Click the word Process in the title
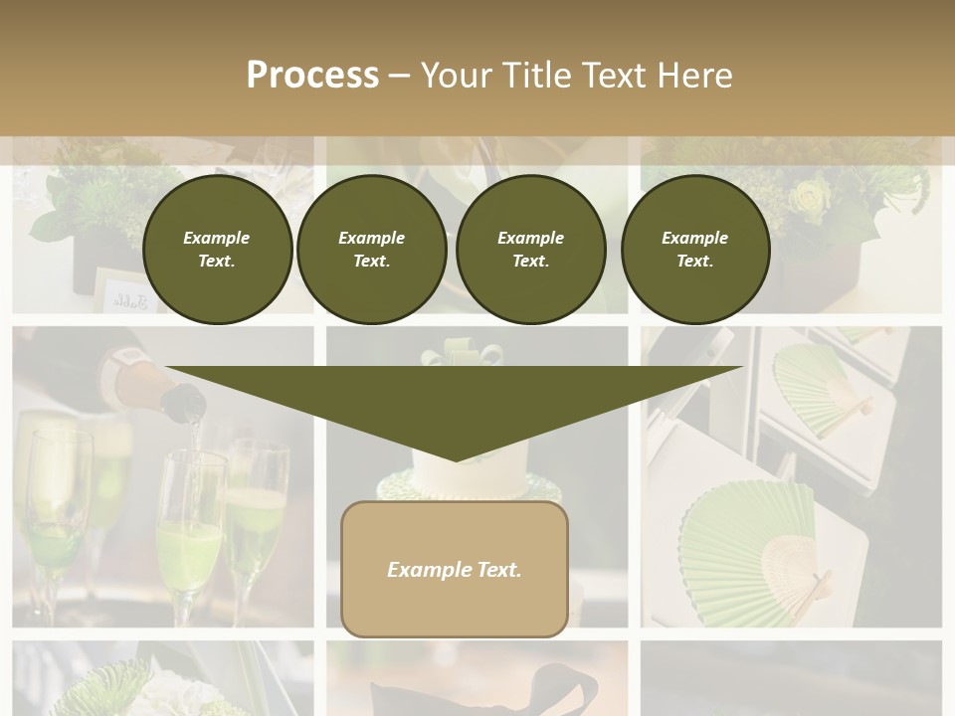pyautogui.click(x=312, y=76)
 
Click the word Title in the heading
pyautogui.click(x=537, y=76)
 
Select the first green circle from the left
pyautogui.click(x=218, y=250)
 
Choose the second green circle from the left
pyautogui.click(x=371, y=250)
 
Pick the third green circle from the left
pyautogui.click(x=530, y=250)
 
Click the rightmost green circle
pyautogui.click(x=695, y=250)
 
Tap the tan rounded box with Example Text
pyautogui.click(x=455, y=569)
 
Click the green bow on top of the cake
pyautogui.click(x=463, y=353)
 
